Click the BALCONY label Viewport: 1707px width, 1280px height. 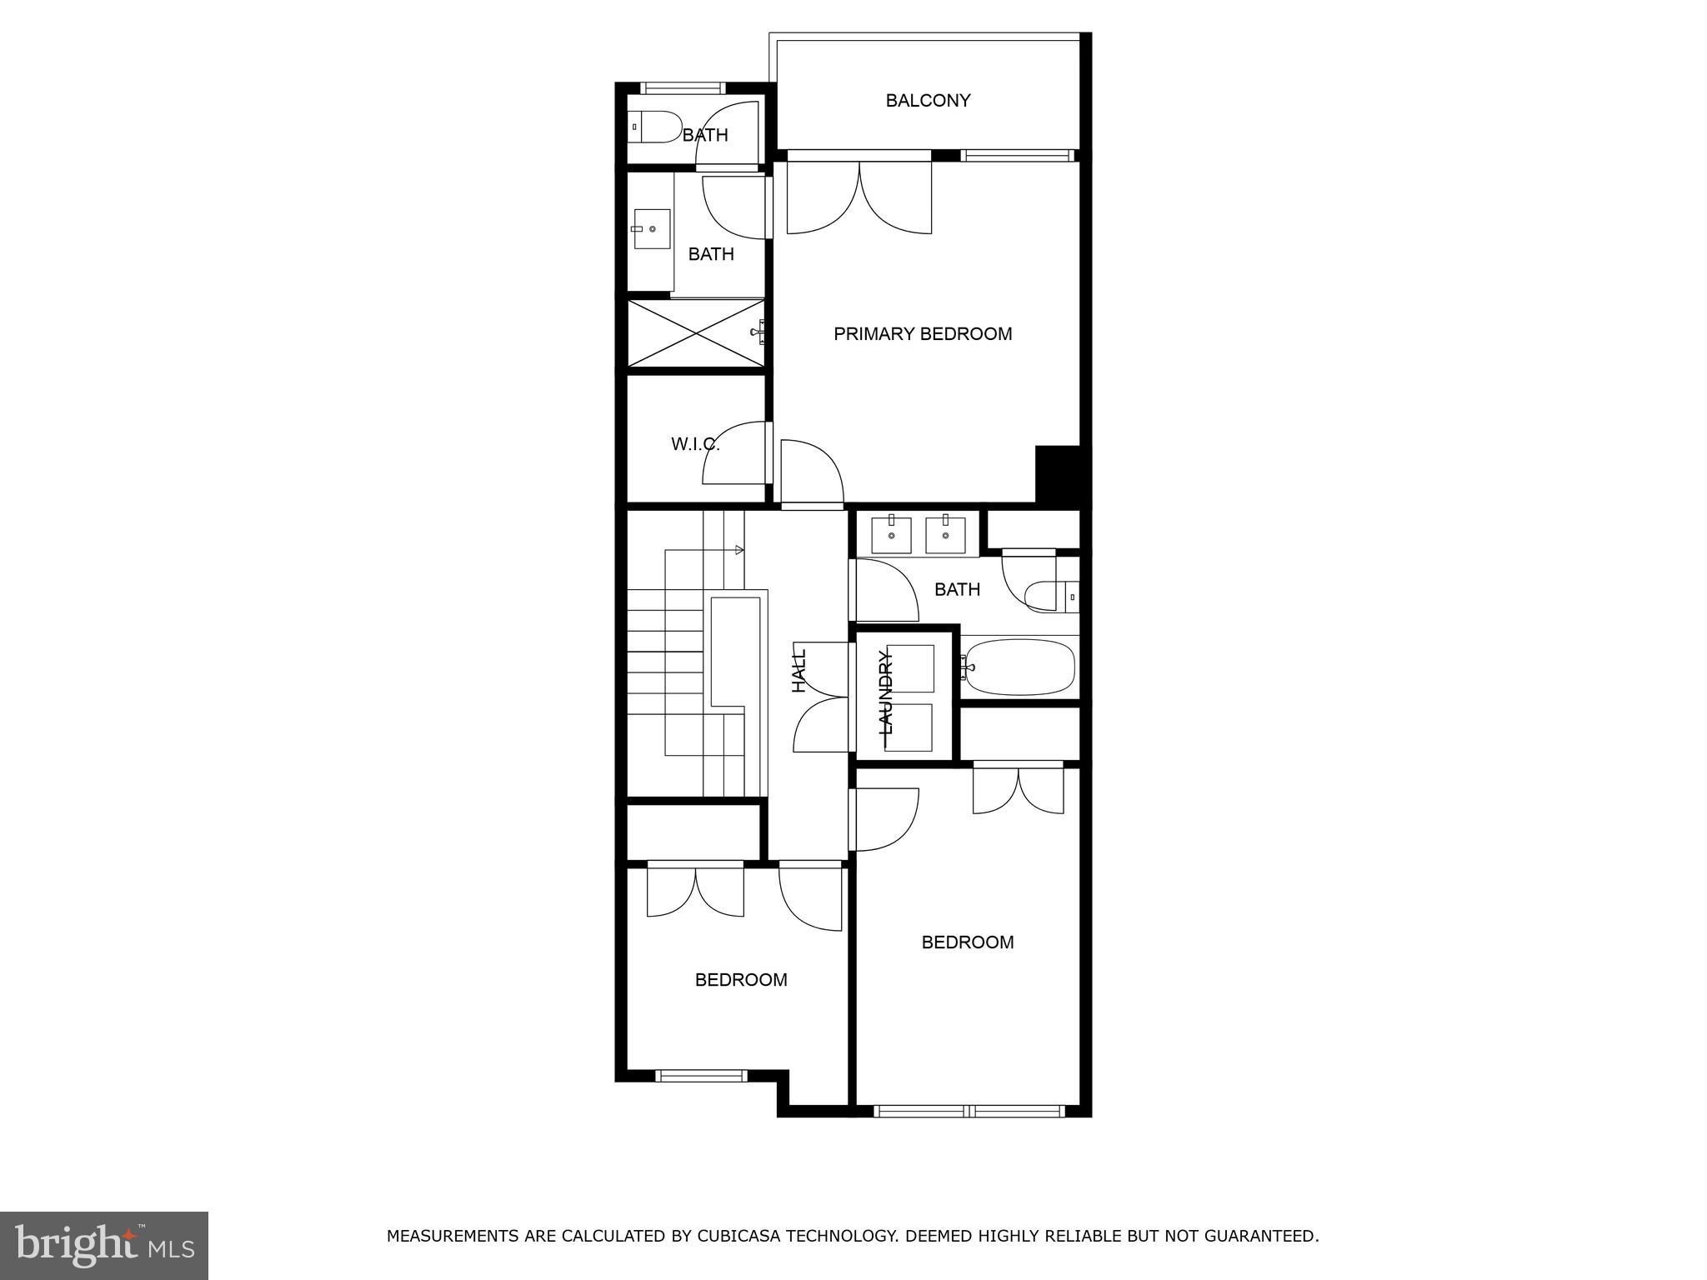(927, 101)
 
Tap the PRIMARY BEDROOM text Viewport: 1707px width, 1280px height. (923, 334)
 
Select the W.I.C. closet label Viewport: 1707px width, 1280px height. (694, 444)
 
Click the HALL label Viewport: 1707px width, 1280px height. (799, 671)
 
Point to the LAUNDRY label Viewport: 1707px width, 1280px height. (886, 693)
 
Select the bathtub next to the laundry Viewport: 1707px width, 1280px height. (1019, 667)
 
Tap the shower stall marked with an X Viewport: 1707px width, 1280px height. (695, 332)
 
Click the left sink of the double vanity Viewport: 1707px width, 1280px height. (891, 534)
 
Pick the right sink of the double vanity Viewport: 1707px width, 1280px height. (945, 534)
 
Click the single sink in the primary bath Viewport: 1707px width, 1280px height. (652, 229)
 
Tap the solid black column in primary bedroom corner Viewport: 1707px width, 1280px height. (1057, 473)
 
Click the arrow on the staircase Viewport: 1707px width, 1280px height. (738, 550)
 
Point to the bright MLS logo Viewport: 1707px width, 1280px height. (104, 1245)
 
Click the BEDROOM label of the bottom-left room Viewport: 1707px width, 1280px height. (741, 980)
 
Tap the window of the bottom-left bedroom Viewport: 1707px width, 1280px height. (701, 1076)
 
